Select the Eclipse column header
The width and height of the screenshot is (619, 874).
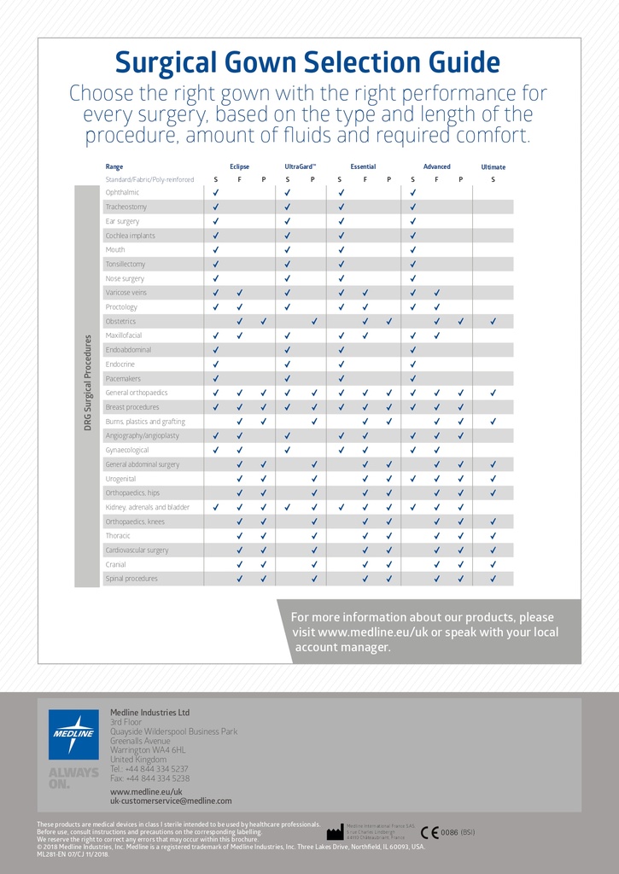(239, 166)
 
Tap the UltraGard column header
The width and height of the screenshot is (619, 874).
(300, 166)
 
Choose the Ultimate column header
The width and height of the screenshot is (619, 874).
(493, 167)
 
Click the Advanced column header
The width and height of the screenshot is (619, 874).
(436, 166)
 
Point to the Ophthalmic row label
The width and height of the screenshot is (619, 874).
(122, 193)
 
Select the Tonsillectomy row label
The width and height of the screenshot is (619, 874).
(126, 265)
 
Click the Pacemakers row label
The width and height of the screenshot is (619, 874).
(123, 379)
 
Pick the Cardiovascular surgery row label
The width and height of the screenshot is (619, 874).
(137, 551)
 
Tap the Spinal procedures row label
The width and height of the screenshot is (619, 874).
(131, 579)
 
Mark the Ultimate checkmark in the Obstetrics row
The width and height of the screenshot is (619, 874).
(493, 322)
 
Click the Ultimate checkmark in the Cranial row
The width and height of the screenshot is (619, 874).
(493, 565)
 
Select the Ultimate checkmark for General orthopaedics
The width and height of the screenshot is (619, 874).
(493, 393)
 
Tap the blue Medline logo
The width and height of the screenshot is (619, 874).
(73, 734)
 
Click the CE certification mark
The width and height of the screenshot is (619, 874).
(429, 832)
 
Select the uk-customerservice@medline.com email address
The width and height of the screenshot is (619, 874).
(171, 801)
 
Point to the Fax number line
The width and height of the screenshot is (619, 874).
(150, 778)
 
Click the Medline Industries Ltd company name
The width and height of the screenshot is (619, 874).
(150, 713)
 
